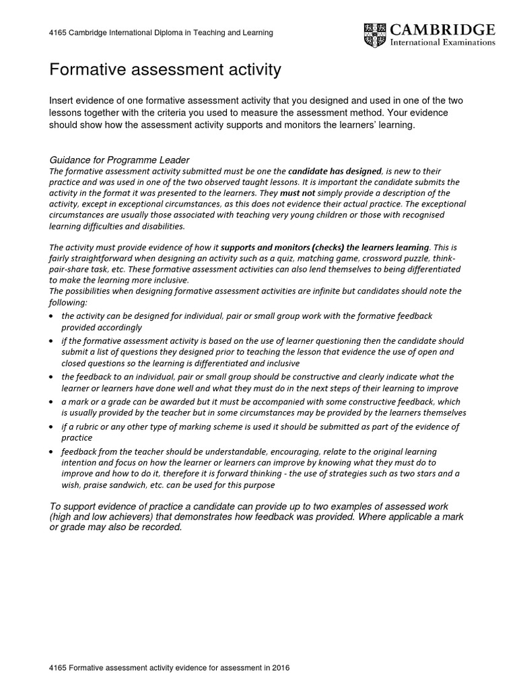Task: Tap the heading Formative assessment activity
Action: (165, 69)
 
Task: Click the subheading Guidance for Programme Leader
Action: (120, 160)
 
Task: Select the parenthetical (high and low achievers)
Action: (110, 516)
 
